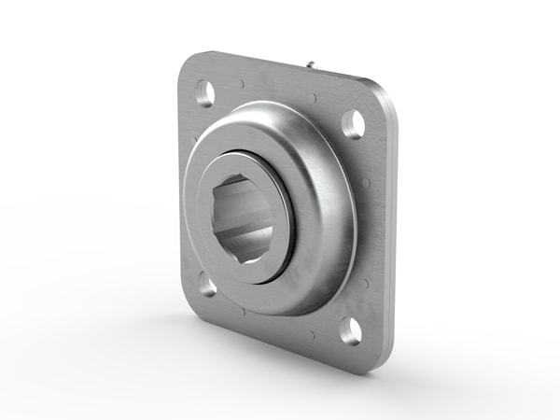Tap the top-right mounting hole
[x=353, y=124]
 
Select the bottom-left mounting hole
[x=207, y=286]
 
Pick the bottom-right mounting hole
[x=350, y=329]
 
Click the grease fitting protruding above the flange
[x=311, y=64]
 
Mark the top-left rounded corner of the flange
[x=186, y=63]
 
